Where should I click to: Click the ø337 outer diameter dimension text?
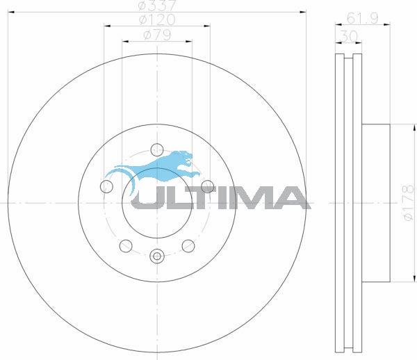[x=157, y=6]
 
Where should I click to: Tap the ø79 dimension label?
[x=157, y=35]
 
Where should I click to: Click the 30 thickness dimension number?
[x=349, y=35]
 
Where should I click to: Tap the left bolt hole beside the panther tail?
[x=107, y=186]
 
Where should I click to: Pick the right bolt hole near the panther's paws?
[x=207, y=186]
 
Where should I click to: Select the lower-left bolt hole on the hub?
[x=126, y=245]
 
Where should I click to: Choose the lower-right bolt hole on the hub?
[x=188, y=245]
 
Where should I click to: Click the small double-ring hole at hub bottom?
[x=157, y=256]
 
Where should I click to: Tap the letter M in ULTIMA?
[x=254, y=198]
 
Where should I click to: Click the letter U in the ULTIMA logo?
[x=147, y=198]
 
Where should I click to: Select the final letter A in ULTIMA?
[x=292, y=198]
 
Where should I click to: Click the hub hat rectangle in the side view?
[x=376, y=202]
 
